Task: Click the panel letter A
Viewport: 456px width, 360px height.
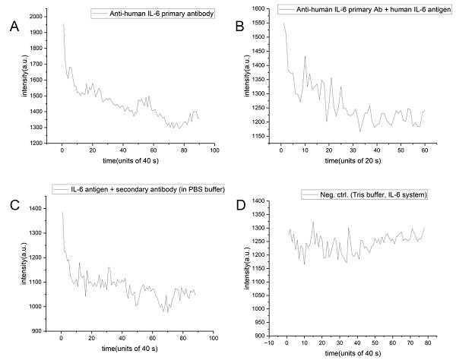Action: point(14,27)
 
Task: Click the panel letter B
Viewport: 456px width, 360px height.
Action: point(239,27)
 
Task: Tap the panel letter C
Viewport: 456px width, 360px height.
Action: point(14,205)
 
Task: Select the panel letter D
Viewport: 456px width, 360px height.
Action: point(241,205)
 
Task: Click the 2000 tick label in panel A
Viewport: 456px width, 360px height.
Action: point(36,17)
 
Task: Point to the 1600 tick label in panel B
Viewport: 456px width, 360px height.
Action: point(258,8)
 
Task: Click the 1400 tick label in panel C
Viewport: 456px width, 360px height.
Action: point(35,208)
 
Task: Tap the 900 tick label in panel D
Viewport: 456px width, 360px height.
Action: point(261,336)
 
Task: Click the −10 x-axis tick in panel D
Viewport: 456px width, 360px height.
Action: point(269,343)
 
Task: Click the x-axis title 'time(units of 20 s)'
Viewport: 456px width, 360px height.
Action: point(353,161)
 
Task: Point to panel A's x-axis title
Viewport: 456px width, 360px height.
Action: point(131,161)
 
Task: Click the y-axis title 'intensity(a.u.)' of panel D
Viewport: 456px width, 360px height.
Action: point(247,268)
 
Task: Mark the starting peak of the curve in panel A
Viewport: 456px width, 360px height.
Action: point(63,24)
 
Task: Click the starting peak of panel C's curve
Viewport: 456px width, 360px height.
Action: point(62,213)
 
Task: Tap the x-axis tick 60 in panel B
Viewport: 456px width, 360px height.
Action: point(425,150)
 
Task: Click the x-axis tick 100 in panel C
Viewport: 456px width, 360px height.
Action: point(214,338)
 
